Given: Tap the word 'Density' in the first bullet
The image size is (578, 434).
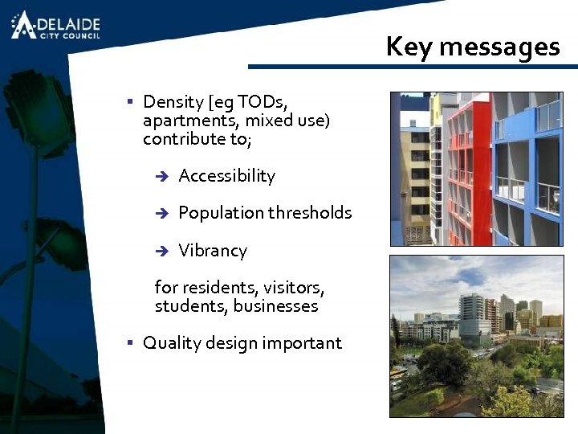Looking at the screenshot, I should point(173,102).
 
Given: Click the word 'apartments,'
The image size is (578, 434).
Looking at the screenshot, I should point(191,121).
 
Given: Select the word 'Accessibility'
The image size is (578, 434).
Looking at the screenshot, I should point(226,176).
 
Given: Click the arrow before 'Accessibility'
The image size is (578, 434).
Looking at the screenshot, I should point(161,177).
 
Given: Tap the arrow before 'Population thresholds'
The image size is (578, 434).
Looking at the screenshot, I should point(161,214).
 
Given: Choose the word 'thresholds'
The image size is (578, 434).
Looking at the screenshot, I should point(309,213).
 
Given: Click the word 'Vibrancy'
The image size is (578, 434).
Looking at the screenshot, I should point(213,251).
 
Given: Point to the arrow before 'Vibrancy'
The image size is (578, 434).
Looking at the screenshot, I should point(161,252).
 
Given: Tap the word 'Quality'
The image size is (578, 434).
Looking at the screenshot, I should point(172,343).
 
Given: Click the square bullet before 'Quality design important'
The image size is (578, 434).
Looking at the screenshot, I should point(129,342).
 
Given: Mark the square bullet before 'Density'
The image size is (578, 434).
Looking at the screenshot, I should point(129,101).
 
